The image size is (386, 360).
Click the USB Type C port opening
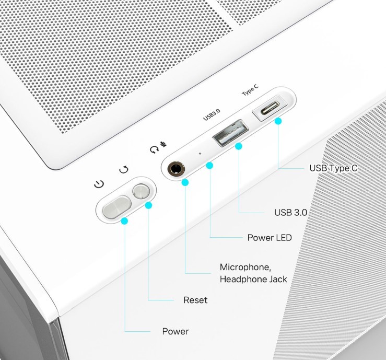[270, 108]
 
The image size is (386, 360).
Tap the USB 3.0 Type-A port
[231, 133]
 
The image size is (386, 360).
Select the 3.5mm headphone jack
[176, 169]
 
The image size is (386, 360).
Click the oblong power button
[116, 207]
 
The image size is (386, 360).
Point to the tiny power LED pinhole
[200, 153]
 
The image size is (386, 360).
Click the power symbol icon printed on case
[99, 184]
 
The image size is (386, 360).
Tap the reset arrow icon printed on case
[124, 169]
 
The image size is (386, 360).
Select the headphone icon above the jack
[155, 149]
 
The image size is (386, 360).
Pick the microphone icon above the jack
[163, 144]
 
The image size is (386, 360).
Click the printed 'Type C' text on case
[250, 90]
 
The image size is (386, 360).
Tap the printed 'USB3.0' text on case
[212, 115]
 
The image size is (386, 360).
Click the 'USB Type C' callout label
[333, 168]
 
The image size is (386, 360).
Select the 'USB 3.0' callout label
[291, 212]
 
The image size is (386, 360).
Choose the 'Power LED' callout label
[270, 238]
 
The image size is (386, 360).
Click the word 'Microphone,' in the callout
[245, 267]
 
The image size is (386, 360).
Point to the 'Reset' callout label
[195, 300]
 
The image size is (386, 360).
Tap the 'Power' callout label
[176, 331]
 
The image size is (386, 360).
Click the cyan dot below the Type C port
[278, 121]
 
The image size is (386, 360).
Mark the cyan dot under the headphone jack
[185, 182]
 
